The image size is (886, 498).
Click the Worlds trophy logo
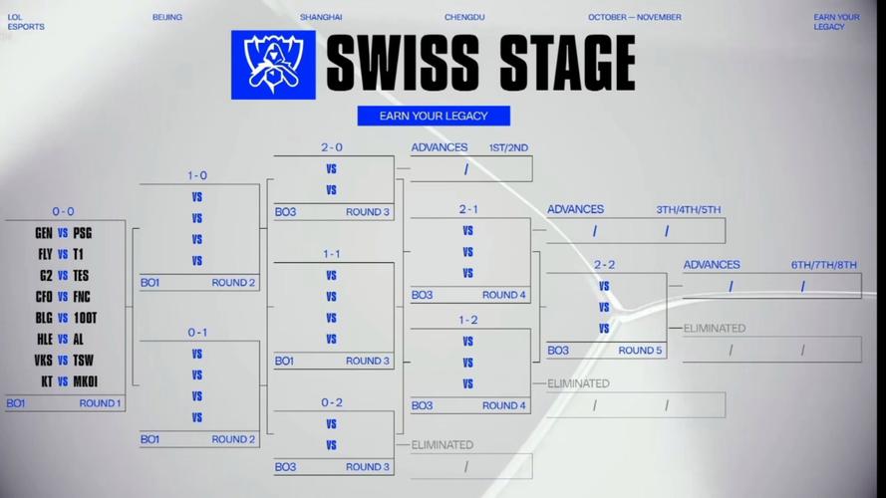273,65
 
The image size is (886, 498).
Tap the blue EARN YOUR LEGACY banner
434,116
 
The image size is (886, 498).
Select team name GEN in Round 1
44,233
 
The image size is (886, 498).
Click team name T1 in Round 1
78,254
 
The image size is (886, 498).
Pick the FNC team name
82,297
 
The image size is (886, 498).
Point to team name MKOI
86,381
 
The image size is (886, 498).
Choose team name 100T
86,318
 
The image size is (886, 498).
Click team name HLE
45,340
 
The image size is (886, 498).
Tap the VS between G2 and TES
63,276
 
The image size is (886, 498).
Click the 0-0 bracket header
64,211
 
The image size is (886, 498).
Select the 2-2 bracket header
604,264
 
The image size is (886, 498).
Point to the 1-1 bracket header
332,254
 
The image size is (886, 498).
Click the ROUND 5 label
640,350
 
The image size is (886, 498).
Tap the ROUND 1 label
100,403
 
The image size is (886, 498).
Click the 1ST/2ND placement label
508,147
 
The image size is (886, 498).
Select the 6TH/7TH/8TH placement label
824,265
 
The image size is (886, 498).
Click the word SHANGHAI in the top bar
321,17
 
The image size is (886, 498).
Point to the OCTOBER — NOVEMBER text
635,17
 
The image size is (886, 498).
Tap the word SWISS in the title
403,63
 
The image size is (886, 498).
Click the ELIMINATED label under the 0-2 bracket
442,445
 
